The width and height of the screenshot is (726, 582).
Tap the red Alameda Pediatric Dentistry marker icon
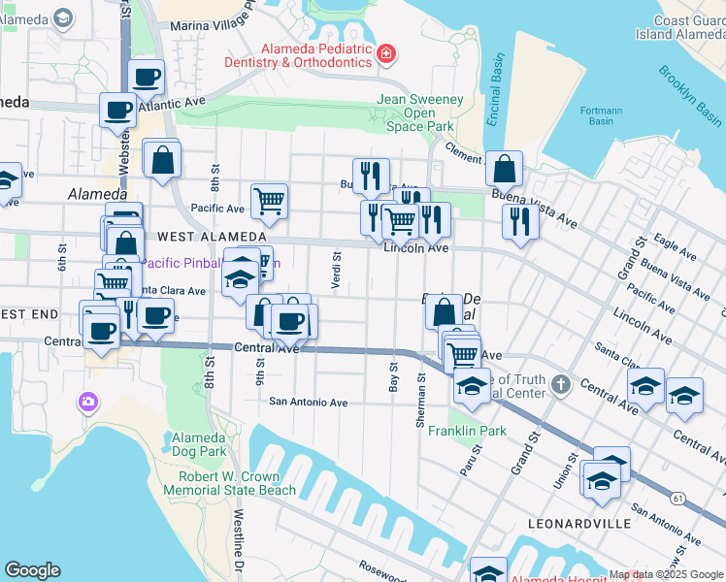386,52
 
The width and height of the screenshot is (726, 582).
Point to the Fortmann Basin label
601,116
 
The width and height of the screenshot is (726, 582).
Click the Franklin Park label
468,431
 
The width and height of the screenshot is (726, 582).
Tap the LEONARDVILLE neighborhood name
578,523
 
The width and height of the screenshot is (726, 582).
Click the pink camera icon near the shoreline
88,401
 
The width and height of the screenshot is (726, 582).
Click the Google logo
32,570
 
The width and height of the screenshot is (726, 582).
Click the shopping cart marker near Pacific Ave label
269,201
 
